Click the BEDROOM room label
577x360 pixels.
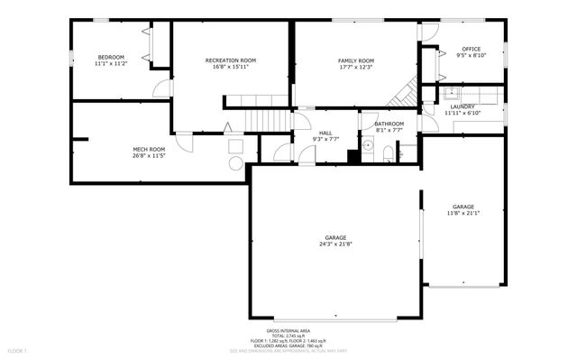click(112, 57)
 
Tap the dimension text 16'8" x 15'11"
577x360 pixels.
click(231, 67)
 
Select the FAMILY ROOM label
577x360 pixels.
click(355, 60)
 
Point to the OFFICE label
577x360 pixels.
click(471, 49)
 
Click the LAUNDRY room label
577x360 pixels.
click(463, 106)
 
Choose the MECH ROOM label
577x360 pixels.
click(149, 149)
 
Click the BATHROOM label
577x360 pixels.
click(389, 124)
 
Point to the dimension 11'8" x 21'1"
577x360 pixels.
click(463, 213)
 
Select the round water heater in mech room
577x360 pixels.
click(235, 162)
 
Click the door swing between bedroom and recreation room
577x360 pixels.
click(162, 88)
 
